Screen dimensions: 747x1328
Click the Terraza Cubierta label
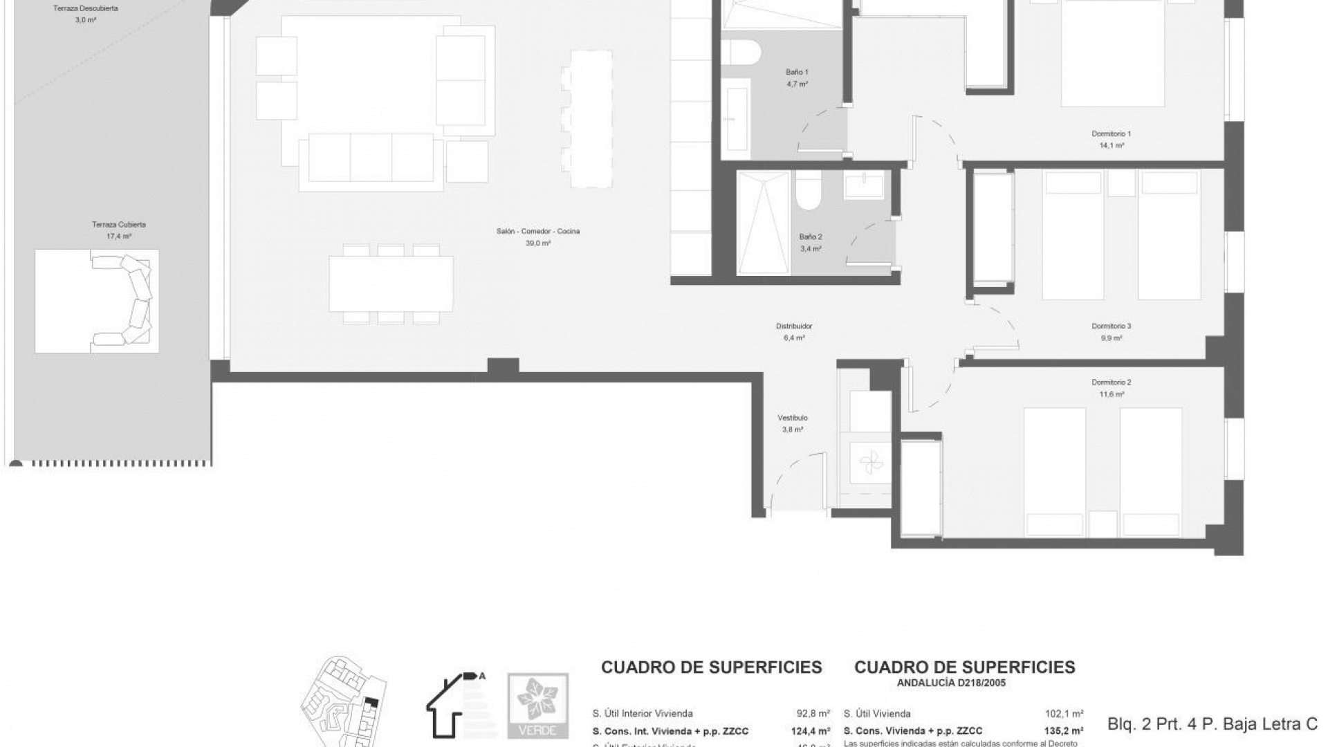(118, 225)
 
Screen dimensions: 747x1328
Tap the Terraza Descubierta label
(86, 9)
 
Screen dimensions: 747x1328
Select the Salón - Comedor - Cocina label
(537, 231)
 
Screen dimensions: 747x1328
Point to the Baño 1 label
(797, 72)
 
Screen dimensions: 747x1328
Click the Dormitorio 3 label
(1111, 326)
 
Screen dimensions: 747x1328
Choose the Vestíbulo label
(792, 418)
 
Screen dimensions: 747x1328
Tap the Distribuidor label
(793, 326)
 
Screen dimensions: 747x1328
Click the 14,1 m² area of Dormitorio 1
(1111, 146)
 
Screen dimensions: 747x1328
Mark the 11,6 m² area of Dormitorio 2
(1111, 394)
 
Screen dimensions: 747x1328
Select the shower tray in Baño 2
(762, 223)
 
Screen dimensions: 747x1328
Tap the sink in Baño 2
(863, 187)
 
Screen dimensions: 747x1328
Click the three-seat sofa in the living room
(371, 159)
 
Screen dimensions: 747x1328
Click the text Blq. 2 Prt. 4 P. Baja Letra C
(1212, 724)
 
